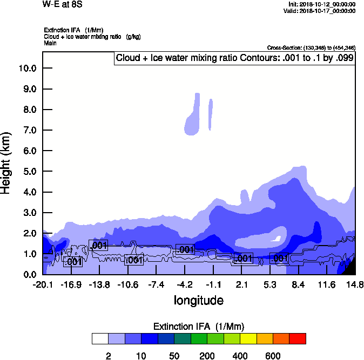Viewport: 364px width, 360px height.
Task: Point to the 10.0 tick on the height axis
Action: (27, 69)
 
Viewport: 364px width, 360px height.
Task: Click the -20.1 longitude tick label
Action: (43, 284)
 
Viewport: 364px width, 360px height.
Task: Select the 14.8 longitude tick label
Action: (355, 284)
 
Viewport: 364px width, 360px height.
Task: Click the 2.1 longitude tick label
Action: (242, 284)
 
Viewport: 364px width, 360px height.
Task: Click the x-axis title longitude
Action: (198, 300)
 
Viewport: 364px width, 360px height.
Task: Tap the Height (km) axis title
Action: (7, 164)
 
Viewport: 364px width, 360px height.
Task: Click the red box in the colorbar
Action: (298, 338)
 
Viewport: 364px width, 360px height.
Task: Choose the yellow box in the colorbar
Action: (248, 338)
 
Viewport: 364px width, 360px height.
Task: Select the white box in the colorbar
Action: (100, 338)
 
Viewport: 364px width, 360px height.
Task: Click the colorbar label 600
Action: (273, 356)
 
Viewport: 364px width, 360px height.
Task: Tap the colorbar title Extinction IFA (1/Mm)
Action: (199, 327)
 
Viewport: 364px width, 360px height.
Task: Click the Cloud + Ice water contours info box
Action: (234, 58)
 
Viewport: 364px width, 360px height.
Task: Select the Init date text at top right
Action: (322, 4)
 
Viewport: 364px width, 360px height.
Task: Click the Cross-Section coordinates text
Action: (311, 48)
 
